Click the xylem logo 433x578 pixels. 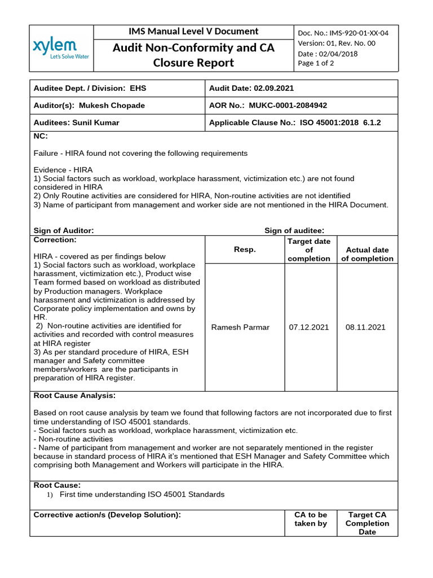click(x=55, y=49)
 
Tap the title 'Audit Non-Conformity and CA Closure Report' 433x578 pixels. click(x=193, y=55)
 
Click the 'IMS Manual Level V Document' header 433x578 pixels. click(x=193, y=32)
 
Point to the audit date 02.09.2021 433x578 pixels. click(x=274, y=89)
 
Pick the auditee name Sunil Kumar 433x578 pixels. click(x=96, y=122)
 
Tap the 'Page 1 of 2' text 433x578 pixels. click(x=316, y=63)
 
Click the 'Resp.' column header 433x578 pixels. click(x=245, y=249)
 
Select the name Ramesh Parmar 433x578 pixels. click(x=240, y=327)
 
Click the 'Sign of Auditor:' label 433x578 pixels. click(x=64, y=230)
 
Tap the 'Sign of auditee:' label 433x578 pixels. click(x=294, y=230)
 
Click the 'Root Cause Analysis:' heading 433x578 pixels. click(x=74, y=396)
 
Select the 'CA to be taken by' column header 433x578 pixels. click(x=311, y=519)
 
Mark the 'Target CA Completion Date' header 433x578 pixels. click(x=367, y=523)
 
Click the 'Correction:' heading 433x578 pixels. click(x=55, y=240)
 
